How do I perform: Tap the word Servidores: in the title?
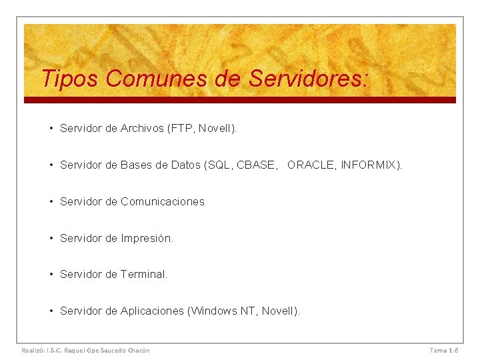[x=308, y=79]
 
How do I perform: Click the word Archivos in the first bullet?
[x=142, y=128]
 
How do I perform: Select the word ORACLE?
[x=311, y=165]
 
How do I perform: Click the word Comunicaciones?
[x=163, y=201]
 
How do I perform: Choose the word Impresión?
[x=147, y=238]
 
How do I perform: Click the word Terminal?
[x=144, y=274]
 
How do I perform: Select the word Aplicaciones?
[x=153, y=311]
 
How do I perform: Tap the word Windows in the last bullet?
[x=214, y=311]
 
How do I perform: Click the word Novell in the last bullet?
[x=279, y=311]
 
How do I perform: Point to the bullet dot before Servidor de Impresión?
[x=51, y=238]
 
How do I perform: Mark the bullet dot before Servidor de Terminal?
[x=51, y=274]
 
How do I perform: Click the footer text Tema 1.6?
[x=444, y=350]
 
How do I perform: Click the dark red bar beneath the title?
[x=240, y=100]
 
